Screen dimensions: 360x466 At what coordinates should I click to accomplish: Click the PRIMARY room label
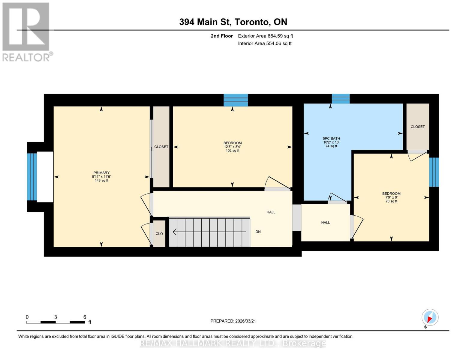tap(101, 173)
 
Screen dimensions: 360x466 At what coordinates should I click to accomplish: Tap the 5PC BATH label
tap(331, 139)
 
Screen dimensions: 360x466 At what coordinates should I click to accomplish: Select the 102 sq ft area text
tap(233, 151)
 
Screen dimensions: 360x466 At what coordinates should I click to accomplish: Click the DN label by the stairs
tap(258, 232)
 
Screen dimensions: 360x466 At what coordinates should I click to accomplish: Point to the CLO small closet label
tap(159, 234)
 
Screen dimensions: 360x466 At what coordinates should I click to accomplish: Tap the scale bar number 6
tap(85, 317)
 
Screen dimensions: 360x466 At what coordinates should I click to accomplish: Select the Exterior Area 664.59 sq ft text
tap(265, 36)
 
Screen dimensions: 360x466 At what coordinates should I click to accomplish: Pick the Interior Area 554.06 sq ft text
tap(265, 43)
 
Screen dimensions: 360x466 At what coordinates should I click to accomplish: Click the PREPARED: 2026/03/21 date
tap(233, 321)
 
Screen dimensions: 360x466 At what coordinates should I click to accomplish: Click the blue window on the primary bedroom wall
tap(32, 177)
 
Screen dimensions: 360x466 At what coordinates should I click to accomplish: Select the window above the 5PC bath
tap(341, 99)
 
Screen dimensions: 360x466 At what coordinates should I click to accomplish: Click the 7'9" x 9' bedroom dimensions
tap(391, 197)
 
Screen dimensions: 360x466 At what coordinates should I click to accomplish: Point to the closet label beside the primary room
tap(161, 147)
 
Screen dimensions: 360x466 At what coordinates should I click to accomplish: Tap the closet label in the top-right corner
tap(418, 127)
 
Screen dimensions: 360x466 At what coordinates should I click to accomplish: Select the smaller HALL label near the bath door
tap(325, 223)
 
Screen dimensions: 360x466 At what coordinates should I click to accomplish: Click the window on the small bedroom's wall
tap(434, 172)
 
